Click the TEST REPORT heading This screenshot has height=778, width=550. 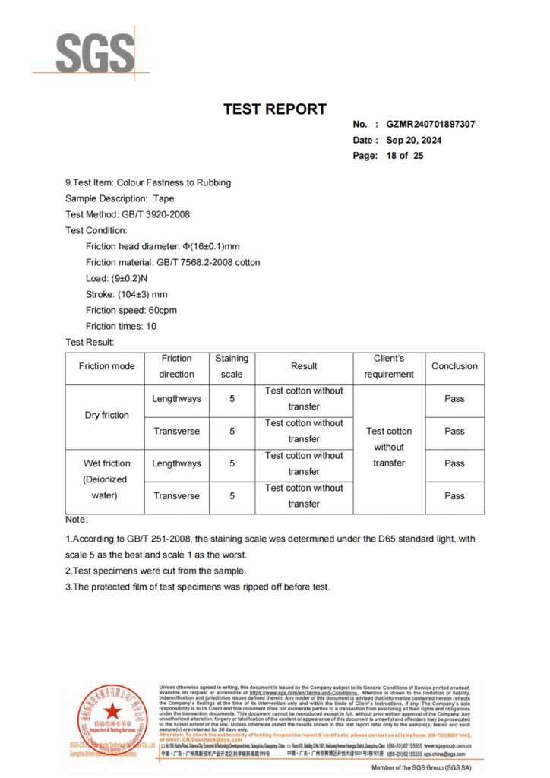[274, 109]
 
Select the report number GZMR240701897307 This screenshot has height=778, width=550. [431, 124]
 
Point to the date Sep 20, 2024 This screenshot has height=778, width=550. [414, 140]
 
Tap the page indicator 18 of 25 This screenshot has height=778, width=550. [405, 156]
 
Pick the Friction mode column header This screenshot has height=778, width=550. [106, 366]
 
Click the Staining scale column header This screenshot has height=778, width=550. [232, 366]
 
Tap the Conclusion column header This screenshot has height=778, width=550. [454, 366]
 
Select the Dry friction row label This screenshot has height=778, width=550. [106, 415]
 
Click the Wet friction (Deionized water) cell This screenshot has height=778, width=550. [106, 479]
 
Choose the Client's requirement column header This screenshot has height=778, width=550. [389, 366]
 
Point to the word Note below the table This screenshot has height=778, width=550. [76, 520]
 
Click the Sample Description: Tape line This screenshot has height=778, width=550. [119, 198]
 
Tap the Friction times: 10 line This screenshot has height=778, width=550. [121, 326]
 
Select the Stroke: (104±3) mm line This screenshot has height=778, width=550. [127, 294]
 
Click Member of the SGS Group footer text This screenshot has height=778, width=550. [421, 768]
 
